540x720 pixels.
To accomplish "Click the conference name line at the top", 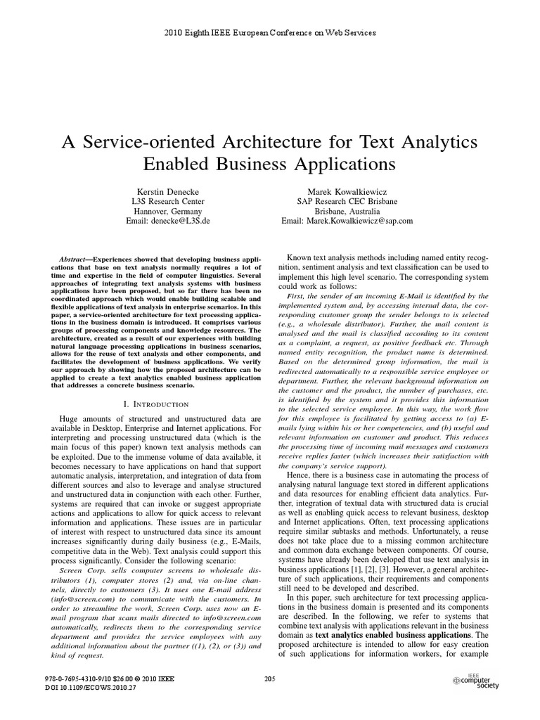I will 270,32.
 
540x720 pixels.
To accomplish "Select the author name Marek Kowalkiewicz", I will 347,191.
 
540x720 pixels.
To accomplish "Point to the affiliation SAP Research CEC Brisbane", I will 347,201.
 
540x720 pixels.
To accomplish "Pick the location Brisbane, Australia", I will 347,211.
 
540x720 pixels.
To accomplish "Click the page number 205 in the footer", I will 269,678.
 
